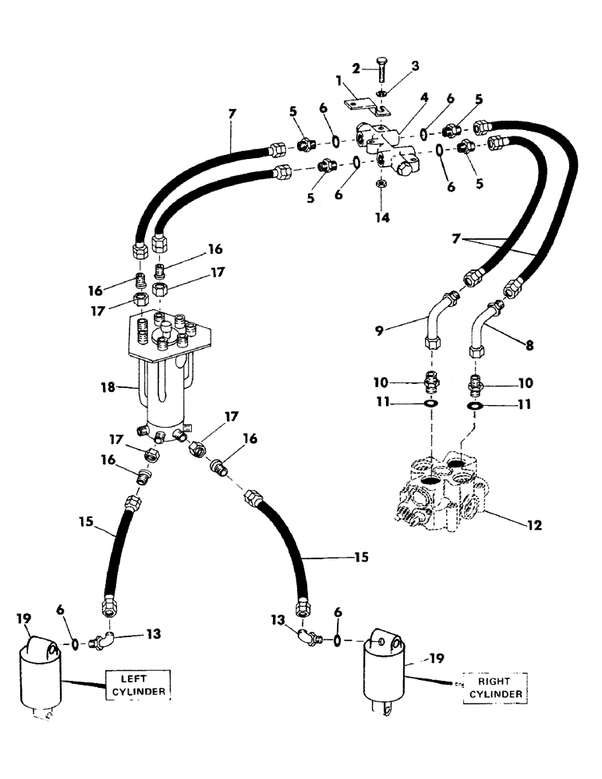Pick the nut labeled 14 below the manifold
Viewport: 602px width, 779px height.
coord(383,184)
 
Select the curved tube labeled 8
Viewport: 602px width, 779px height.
coord(481,327)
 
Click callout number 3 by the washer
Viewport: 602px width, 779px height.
coord(416,66)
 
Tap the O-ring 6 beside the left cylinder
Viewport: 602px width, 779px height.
coord(74,644)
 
